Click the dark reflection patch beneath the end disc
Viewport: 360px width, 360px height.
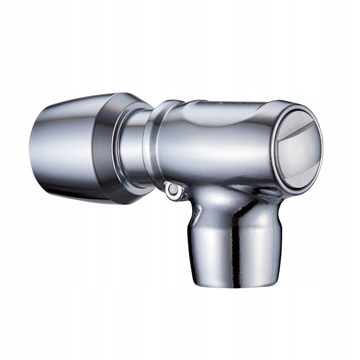(x=267, y=192)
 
